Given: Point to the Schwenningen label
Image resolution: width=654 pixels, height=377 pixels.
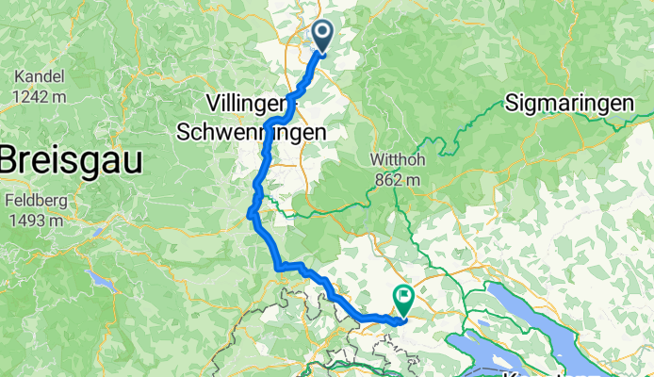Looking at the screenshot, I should [x=253, y=133].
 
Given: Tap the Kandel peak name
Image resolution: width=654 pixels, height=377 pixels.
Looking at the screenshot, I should [x=38, y=75].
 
